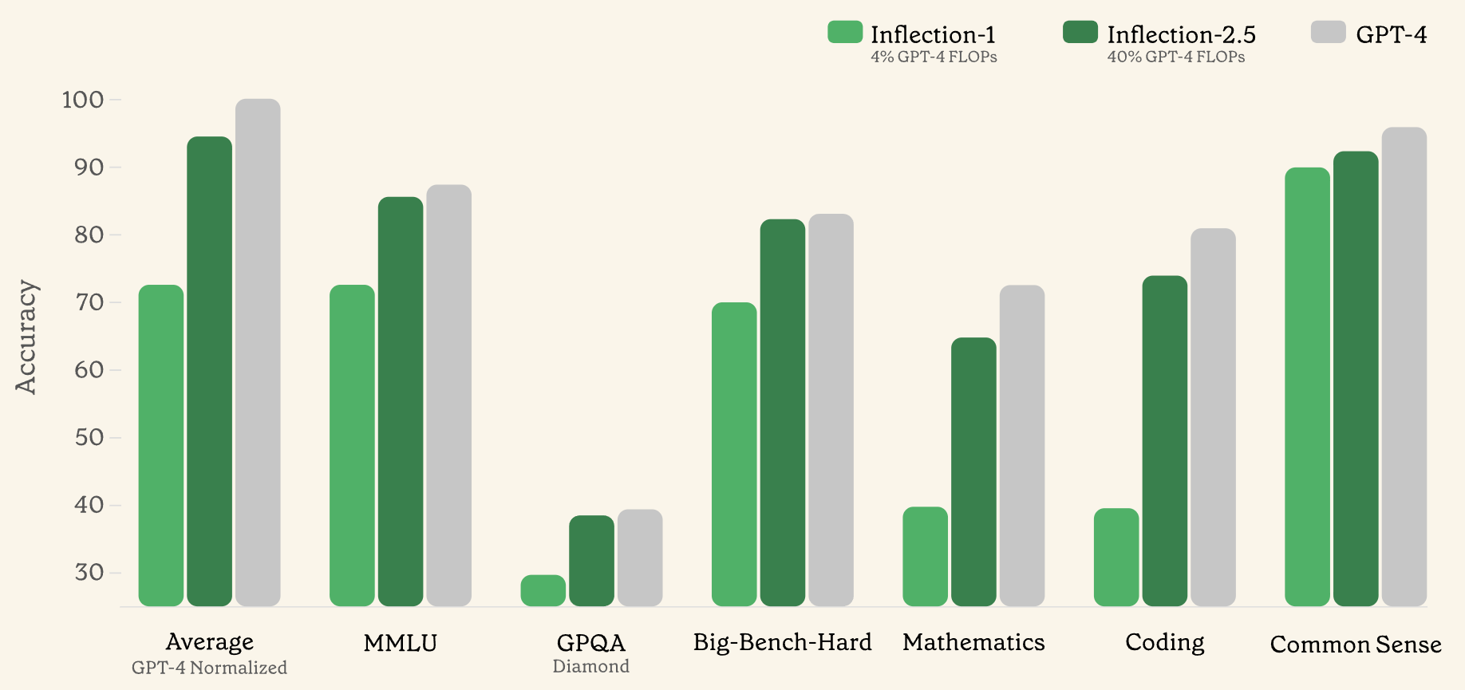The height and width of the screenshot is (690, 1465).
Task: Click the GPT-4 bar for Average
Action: (x=258, y=352)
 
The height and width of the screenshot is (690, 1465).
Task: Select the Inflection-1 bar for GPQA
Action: (x=543, y=590)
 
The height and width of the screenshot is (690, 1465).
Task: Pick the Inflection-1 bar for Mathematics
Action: (x=925, y=556)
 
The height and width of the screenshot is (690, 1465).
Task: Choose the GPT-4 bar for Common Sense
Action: (x=1404, y=366)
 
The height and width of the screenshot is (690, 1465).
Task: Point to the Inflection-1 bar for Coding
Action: (x=1116, y=557)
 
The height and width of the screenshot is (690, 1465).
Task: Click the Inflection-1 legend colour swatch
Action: (x=845, y=32)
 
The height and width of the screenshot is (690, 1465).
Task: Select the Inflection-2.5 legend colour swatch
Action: (x=1080, y=32)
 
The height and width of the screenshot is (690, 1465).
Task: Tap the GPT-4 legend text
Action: (x=1391, y=34)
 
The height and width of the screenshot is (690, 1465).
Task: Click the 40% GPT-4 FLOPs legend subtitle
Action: (x=1175, y=57)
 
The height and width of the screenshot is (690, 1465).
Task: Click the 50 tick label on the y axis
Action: (x=89, y=437)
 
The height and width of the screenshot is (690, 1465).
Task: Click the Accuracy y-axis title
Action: (x=26, y=337)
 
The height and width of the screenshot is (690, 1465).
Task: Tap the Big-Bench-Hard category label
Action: (x=782, y=642)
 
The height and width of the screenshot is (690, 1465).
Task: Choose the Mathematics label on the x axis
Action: (x=973, y=642)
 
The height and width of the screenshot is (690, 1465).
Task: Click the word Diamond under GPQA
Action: (x=590, y=667)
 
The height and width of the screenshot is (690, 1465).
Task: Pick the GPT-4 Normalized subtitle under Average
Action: (x=209, y=668)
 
